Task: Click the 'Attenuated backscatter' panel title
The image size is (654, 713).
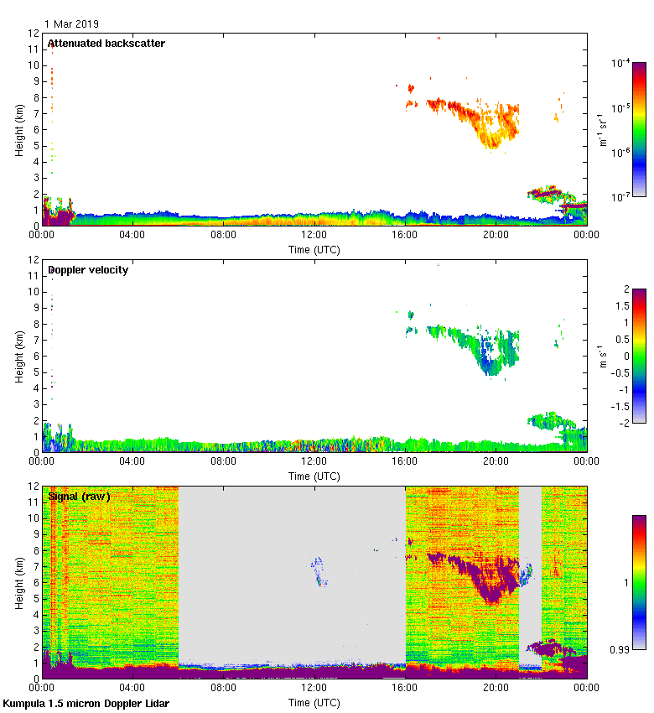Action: point(106,43)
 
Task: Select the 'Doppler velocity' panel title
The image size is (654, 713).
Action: point(87,269)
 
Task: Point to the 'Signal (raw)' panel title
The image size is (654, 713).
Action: point(79,496)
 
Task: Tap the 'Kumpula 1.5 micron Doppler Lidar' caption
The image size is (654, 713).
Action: point(86,704)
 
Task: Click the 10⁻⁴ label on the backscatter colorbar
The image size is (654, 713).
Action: point(621,63)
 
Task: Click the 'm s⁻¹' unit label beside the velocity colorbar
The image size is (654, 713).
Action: point(602,356)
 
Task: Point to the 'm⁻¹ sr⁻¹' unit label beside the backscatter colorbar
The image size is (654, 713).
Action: point(602,130)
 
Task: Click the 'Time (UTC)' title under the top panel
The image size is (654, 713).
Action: point(314,249)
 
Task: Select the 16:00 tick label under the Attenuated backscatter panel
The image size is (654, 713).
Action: point(405,235)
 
